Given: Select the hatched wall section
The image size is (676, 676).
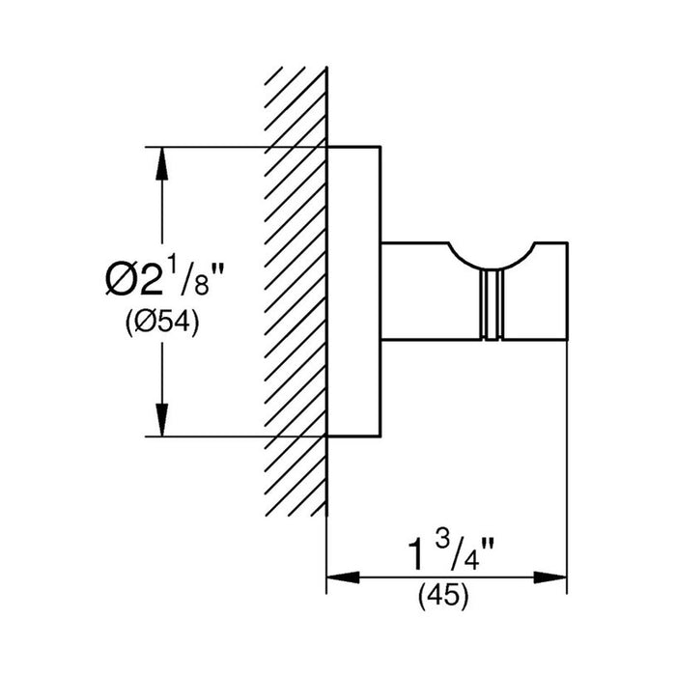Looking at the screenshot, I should tap(295, 290).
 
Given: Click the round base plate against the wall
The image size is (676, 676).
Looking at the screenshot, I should tap(356, 290).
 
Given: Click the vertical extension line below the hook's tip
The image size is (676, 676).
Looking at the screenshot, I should tap(566, 464).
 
